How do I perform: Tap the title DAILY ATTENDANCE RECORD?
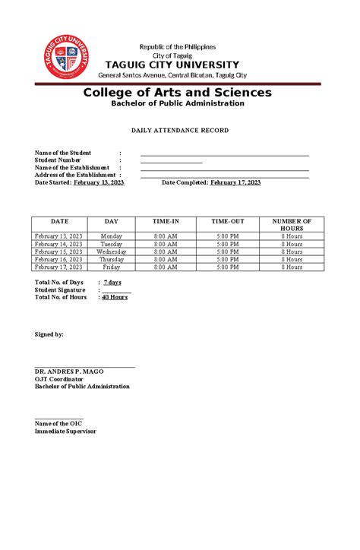179,131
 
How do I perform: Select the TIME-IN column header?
166,221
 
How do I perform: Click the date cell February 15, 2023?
58,251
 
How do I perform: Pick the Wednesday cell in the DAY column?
112,251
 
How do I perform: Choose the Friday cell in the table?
112,267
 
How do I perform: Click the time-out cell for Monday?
227,236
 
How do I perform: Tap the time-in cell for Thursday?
166,259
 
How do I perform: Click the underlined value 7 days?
112,283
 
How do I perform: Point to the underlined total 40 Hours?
115,297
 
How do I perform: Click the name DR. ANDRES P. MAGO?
69,371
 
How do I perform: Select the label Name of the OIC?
58,423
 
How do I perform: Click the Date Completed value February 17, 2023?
235,182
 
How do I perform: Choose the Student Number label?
59,160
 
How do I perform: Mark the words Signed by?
49,334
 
